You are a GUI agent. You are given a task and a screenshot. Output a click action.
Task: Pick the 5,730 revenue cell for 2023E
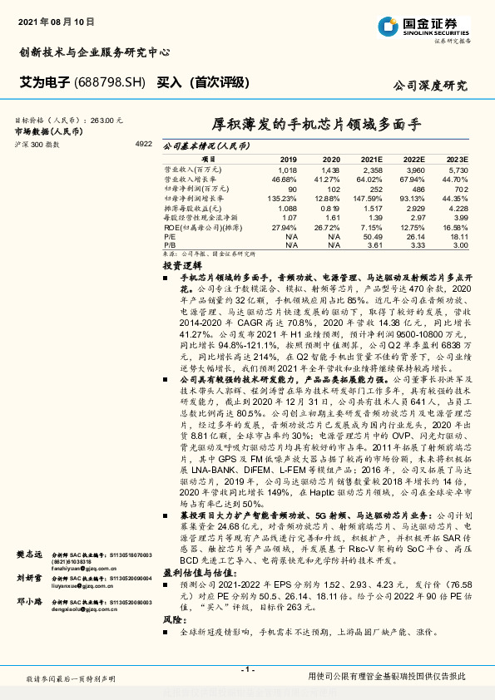click(x=458, y=169)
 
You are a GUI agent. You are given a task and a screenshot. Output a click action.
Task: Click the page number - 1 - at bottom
click(x=247, y=669)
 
